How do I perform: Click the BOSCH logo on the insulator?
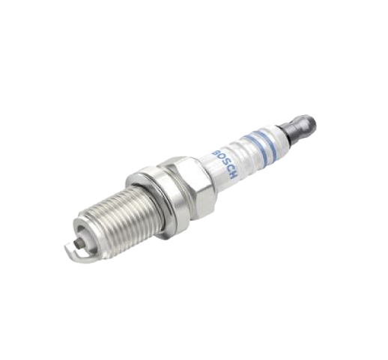click(224, 164)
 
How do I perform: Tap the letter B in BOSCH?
click(215, 153)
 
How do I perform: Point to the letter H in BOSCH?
click(233, 175)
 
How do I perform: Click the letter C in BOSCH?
click(228, 169)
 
